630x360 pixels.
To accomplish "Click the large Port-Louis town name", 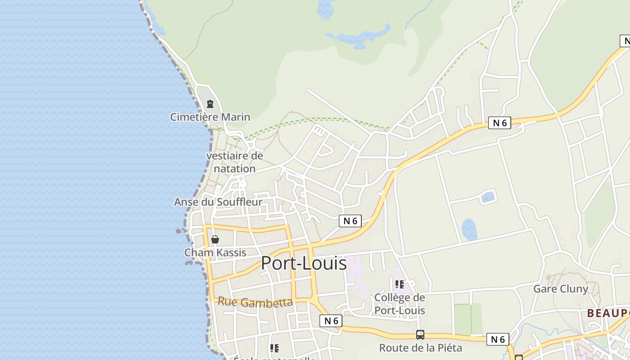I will [304, 263].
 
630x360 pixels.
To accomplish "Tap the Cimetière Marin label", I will [210, 117].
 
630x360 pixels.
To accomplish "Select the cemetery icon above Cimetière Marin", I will [210, 104].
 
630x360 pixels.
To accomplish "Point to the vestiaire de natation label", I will [234, 162].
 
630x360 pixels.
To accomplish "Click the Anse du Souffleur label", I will [218, 202].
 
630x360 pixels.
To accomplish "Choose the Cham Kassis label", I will [215, 252].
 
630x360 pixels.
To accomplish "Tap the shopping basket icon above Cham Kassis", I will [215, 239].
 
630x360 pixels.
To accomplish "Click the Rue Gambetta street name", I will [255, 302].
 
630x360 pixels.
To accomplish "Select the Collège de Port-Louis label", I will [400, 304].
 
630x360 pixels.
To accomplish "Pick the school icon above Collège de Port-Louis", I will [399, 284].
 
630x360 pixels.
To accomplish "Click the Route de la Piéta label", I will [420, 348].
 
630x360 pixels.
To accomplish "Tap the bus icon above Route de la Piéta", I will [420, 335].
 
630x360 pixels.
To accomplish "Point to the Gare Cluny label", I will [560, 289].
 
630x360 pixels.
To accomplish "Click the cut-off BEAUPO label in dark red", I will [608, 313].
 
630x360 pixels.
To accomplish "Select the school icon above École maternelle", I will [274, 348].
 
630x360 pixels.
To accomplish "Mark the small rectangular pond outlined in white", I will [487, 197].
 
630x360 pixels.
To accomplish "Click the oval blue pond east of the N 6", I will [469, 229].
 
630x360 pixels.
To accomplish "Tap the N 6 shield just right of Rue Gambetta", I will [331, 321].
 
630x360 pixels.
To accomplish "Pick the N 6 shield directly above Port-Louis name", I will [350, 221].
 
